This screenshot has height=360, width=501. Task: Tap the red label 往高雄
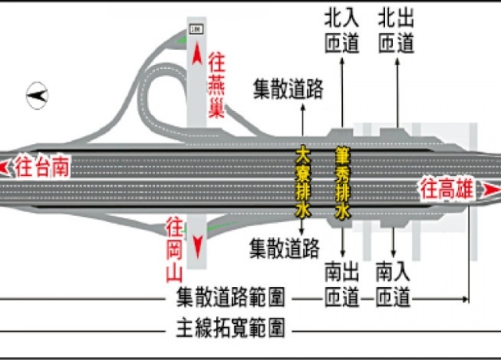(x=449, y=189)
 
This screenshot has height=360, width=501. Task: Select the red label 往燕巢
(x=216, y=85)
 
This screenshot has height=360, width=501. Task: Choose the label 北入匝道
(x=341, y=31)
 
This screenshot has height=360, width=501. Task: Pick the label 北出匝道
(x=395, y=31)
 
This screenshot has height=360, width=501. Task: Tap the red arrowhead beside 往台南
(x=6, y=166)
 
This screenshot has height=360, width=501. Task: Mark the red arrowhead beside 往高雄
(x=490, y=190)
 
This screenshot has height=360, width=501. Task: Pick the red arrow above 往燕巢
(x=196, y=55)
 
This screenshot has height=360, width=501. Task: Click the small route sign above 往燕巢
(x=195, y=30)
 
